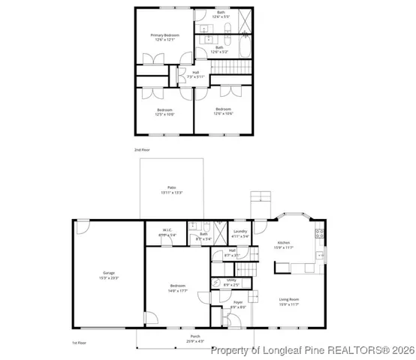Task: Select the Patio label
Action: (x=171, y=187)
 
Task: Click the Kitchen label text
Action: (x=283, y=243)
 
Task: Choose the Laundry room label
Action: (x=240, y=231)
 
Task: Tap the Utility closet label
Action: (x=231, y=280)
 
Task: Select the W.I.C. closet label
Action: (x=168, y=230)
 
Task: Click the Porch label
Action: (x=195, y=337)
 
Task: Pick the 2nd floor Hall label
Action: (x=195, y=73)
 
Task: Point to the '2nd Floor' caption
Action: (x=142, y=151)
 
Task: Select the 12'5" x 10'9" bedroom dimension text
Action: (x=164, y=115)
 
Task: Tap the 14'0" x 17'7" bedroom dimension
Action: (x=178, y=290)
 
